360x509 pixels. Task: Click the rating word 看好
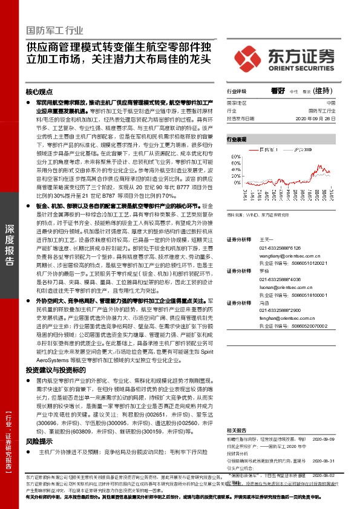(x=278, y=91)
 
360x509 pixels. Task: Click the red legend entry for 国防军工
(x=264, y=148)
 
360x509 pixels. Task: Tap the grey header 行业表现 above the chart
(x=238, y=139)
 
